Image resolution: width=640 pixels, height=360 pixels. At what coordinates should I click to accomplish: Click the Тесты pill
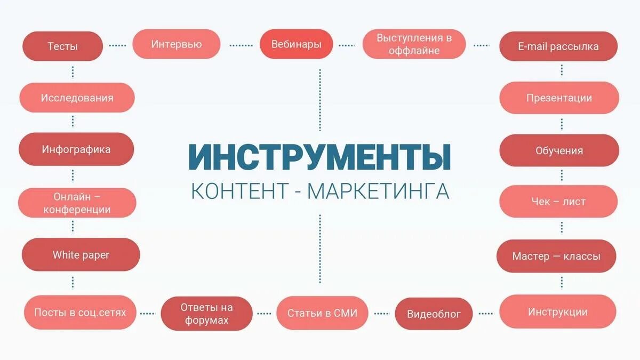62,46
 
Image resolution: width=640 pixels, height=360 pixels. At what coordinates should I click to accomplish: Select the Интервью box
176,44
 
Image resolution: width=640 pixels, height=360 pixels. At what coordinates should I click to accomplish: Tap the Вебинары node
296,44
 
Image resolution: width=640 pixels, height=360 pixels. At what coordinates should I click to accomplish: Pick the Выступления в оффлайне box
414,44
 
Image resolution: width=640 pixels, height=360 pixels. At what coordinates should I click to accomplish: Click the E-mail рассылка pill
558,46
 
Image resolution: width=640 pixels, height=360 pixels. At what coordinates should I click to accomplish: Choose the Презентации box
559,98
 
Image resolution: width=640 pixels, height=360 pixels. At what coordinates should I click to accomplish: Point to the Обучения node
559,150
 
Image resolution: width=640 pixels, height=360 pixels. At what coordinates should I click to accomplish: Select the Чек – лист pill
558,202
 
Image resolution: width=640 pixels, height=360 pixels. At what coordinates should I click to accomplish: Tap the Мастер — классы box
556,257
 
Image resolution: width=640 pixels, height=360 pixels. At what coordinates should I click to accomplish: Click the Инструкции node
557,312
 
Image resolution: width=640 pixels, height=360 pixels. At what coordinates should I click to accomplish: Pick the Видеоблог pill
434,314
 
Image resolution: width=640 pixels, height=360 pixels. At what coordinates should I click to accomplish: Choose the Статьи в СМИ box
322,313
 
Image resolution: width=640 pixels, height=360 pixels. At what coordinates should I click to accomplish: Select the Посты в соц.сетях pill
80,313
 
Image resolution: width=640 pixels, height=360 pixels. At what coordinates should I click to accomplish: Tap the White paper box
81,255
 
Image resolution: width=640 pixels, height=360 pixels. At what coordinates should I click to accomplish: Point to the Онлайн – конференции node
77,203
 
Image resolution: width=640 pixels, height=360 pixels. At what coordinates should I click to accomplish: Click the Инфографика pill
76,149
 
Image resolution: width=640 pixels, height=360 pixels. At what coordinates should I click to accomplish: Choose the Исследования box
77,98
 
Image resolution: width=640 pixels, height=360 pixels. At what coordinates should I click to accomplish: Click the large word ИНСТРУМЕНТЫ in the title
319,156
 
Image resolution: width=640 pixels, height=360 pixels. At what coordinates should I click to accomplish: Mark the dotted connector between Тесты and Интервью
117,46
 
